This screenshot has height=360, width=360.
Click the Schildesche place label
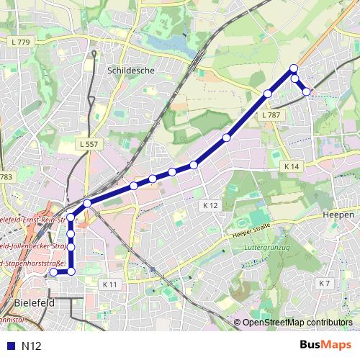(x=126, y=71)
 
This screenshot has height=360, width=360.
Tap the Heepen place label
(x=338, y=215)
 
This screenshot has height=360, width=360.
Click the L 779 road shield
(x=21, y=43)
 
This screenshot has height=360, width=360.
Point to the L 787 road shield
(x=271, y=115)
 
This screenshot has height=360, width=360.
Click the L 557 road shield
(x=89, y=144)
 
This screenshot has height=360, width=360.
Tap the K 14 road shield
(x=291, y=166)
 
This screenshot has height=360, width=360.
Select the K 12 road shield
(x=210, y=205)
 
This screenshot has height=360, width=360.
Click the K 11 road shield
(x=109, y=284)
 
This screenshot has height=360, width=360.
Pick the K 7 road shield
(x=324, y=283)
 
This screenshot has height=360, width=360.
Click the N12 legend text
(x=32, y=346)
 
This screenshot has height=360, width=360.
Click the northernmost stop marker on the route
(x=294, y=68)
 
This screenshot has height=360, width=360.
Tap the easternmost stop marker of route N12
(x=307, y=91)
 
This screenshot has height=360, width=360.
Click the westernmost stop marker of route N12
(x=53, y=272)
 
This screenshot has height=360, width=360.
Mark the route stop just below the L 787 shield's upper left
(x=268, y=94)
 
